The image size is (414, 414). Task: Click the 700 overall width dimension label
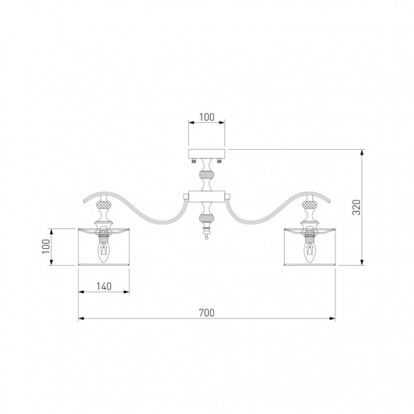point(207,313)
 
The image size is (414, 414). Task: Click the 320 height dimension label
point(356,207)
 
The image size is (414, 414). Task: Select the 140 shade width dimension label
point(104,286)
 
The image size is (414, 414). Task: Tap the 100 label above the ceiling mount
point(207,117)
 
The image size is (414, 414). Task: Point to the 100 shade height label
point(46,246)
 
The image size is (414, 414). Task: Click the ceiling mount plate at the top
point(207,154)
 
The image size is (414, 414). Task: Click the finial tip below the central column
point(207,239)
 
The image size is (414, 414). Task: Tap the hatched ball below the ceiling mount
point(207,174)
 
